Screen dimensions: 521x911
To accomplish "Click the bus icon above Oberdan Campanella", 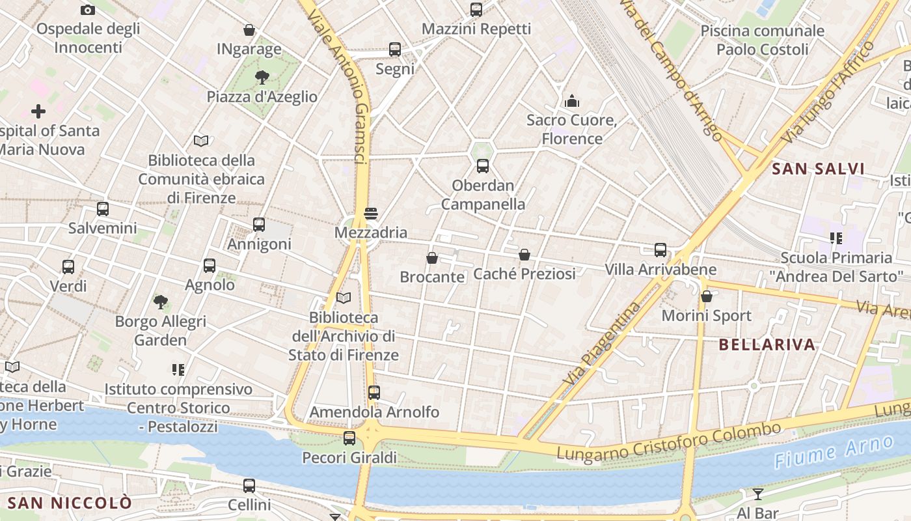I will coord(482,165).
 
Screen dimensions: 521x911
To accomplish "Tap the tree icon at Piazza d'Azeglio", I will coord(262,77).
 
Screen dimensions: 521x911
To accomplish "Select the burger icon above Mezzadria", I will coord(371,213).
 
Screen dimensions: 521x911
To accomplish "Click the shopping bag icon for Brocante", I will coord(432,258).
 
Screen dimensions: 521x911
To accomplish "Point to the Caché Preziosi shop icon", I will coord(524,255).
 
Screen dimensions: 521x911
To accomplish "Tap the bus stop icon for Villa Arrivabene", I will coord(660,250).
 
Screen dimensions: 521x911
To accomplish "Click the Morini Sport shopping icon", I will coord(707,296).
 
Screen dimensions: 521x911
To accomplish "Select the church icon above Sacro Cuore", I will coord(572,100).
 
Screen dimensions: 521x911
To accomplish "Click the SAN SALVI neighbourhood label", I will coord(818,169).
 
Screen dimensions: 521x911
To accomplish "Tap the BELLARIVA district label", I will coord(767,345).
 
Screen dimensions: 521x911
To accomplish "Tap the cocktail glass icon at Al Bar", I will coord(758,494).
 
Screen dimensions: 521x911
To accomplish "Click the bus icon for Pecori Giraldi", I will coord(349,438).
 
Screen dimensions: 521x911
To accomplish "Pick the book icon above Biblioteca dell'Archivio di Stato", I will coord(344,298).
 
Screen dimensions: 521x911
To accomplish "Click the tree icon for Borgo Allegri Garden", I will coord(161,302).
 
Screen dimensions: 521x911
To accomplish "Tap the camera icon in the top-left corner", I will coord(88,10).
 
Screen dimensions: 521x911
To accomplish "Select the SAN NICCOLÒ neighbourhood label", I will coord(70,503).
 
